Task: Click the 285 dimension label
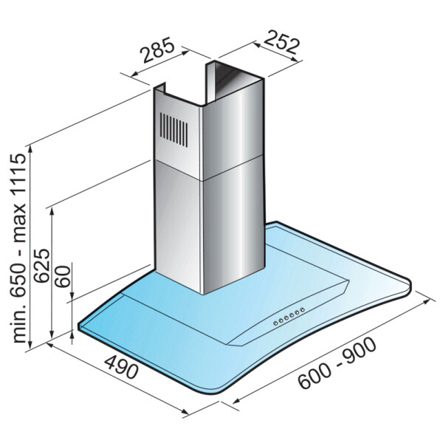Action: click(x=158, y=50)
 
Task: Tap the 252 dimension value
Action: click(x=281, y=42)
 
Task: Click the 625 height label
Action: click(x=41, y=266)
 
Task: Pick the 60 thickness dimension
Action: click(x=62, y=276)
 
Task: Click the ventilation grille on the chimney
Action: click(x=174, y=130)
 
